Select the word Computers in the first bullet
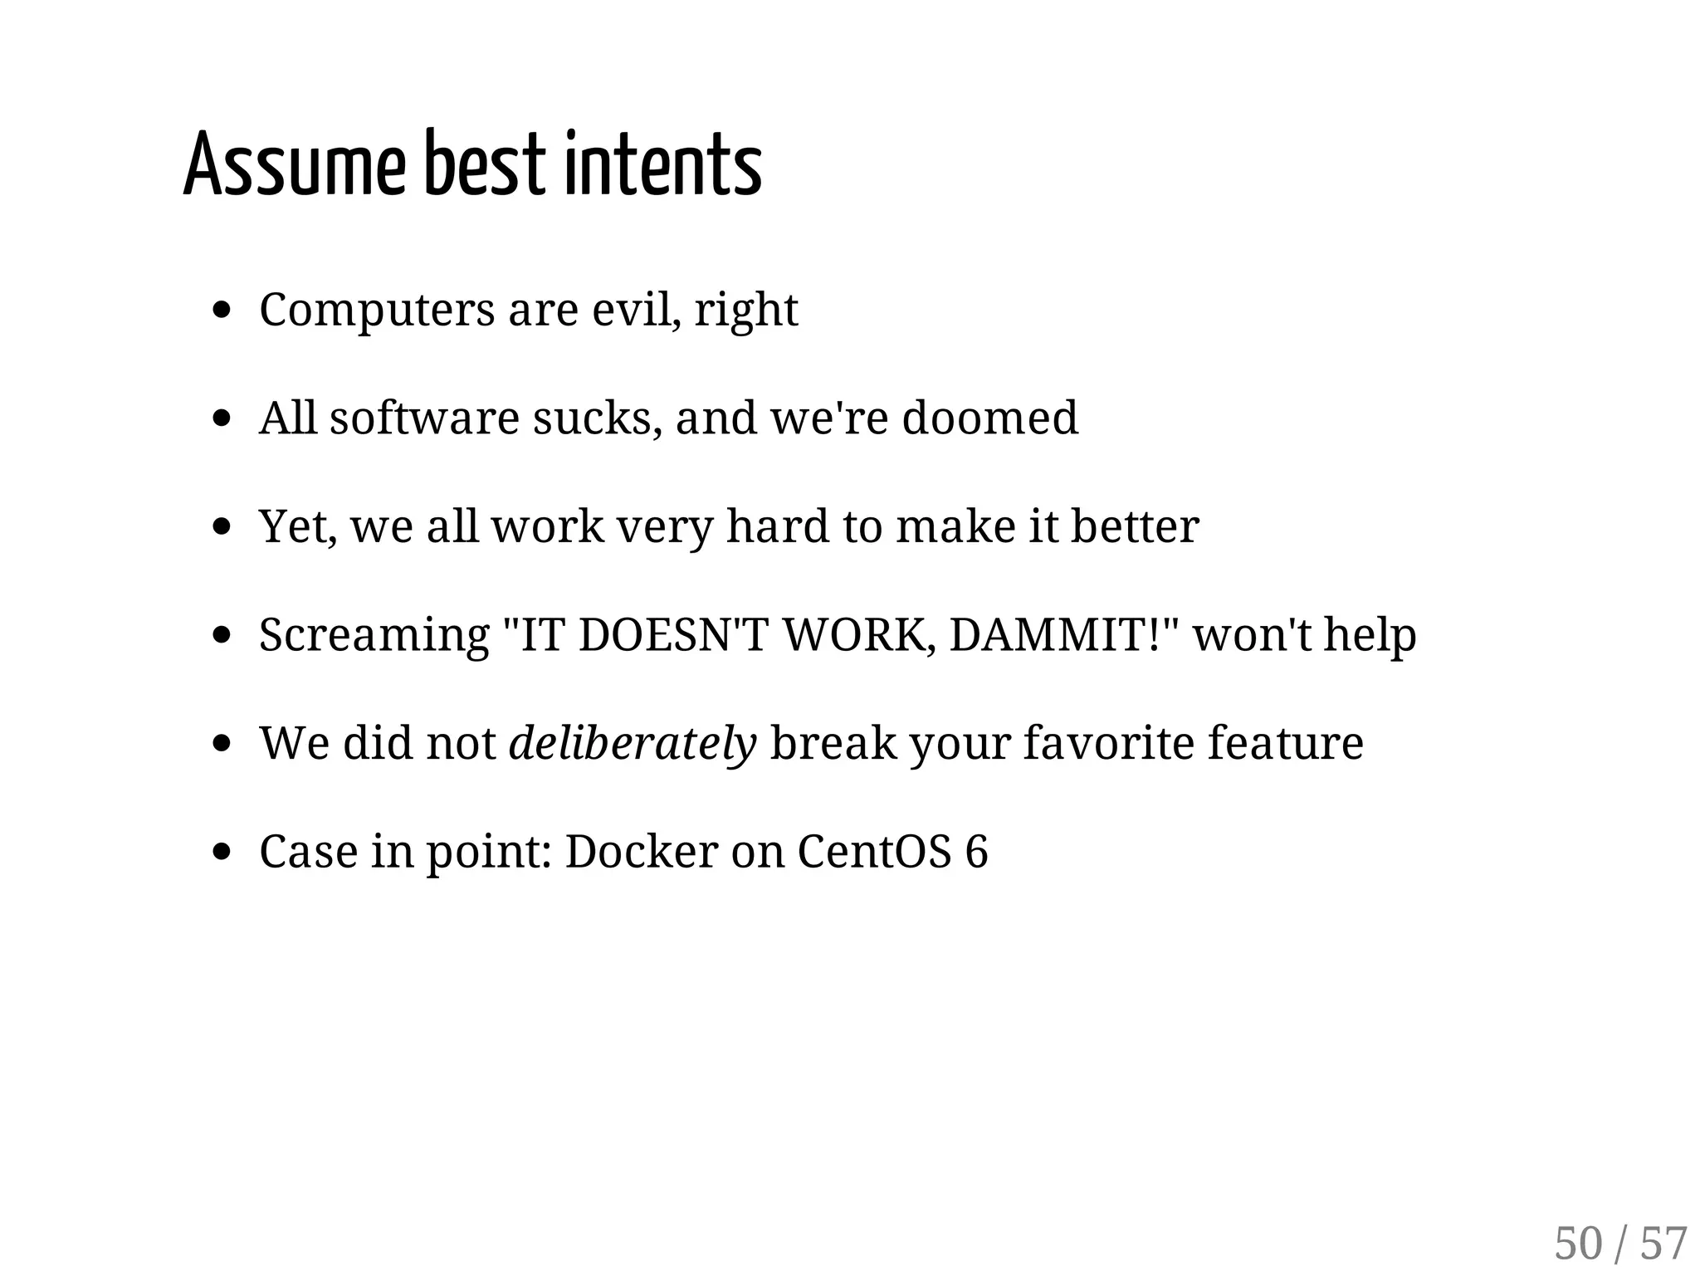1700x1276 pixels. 377,310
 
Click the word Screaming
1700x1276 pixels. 374,636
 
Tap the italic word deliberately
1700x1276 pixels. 633,743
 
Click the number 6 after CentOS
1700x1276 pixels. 977,852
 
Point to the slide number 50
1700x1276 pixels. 1578,1244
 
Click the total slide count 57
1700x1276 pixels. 1663,1244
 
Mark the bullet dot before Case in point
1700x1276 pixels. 221,852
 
